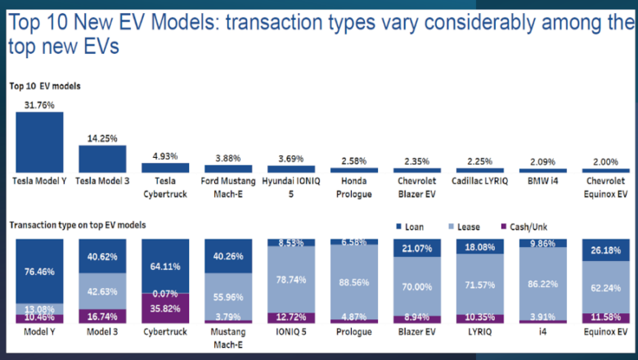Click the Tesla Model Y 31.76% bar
pos(39,141)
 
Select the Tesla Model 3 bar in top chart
pos(102,158)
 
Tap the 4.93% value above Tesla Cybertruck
pos(165,155)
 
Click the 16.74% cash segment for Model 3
pos(102,316)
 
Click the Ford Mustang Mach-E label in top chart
pos(228,186)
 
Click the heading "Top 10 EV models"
pos(45,85)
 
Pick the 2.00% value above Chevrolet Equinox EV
pos(606,161)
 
